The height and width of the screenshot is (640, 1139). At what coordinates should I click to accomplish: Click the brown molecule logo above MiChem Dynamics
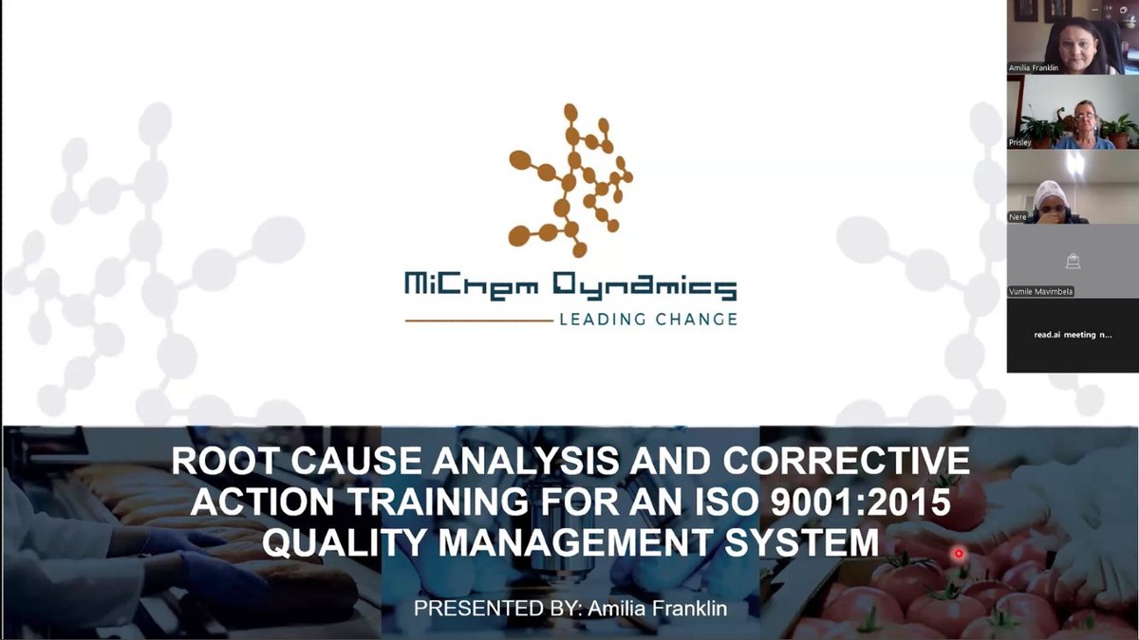pyautogui.click(x=569, y=180)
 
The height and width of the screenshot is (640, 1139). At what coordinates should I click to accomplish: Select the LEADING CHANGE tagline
pyautogui.click(x=647, y=320)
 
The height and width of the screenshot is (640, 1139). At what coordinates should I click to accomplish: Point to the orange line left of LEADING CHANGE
pyautogui.click(x=478, y=321)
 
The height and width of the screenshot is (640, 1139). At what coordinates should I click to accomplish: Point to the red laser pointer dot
pyautogui.click(x=959, y=553)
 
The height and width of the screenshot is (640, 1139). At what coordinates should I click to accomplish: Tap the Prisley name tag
pyautogui.click(x=1020, y=142)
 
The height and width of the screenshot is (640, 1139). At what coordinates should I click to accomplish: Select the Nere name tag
pyautogui.click(x=1018, y=217)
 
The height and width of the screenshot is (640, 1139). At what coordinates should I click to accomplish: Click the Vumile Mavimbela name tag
pyautogui.click(x=1041, y=291)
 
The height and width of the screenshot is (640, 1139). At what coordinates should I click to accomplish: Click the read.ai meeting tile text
pyautogui.click(x=1073, y=335)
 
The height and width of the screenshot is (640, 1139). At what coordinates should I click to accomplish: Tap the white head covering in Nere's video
pyautogui.click(x=1050, y=192)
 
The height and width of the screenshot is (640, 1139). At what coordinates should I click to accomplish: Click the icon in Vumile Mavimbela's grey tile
pyautogui.click(x=1073, y=261)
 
